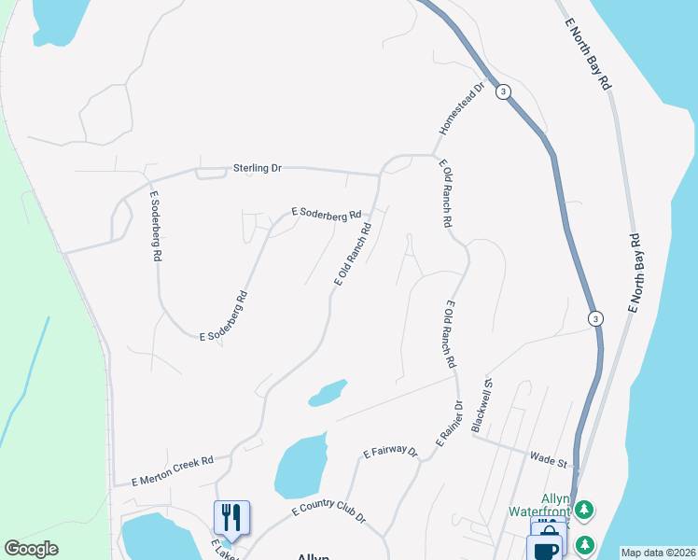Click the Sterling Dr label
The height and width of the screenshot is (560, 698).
pyautogui.click(x=257, y=168)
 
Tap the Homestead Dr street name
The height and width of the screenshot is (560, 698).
pyautogui.click(x=463, y=106)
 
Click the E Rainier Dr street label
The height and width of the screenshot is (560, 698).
pyautogui.click(x=449, y=425)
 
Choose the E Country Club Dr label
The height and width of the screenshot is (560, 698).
pyautogui.click(x=328, y=512)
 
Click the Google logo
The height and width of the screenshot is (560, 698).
pyautogui.click(x=32, y=549)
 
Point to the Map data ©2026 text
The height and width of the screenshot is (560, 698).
pyautogui.click(x=658, y=553)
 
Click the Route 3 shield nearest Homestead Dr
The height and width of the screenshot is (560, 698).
pyautogui.click(x=503, y=91)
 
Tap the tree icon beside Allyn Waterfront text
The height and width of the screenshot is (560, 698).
pyautogui.click(x=583, y=510)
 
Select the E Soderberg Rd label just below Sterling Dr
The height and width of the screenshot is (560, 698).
pyautogui.click(x=326, y=215)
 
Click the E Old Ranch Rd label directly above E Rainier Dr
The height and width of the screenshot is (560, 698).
pyautogui.click(x=450, y=333)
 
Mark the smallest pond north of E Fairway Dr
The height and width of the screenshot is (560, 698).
pyautogui.click(x=328, y=393)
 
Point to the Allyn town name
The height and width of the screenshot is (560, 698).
pyautogui.click(x=314, y=556)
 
